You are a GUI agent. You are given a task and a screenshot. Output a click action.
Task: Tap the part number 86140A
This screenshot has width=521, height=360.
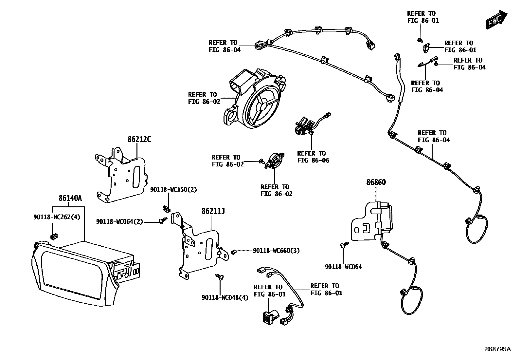coord(70,198)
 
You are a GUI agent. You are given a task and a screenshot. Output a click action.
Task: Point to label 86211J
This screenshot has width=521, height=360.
coord(213,212)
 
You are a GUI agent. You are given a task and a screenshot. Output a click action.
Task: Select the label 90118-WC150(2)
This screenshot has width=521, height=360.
coord(173,190)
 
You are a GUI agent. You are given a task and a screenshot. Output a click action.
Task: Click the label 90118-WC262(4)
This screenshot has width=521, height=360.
coord(57,217)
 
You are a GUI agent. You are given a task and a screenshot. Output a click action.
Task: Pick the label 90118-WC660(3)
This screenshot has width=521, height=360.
coord(276,251)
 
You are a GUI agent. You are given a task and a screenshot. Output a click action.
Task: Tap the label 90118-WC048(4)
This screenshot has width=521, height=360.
coord(225,297)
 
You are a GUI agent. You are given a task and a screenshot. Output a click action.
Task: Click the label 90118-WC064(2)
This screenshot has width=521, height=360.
coord(119,222)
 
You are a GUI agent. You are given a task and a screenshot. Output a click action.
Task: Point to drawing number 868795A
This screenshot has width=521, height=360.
coord(497,349)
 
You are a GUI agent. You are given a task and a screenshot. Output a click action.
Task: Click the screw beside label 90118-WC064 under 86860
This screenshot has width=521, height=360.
coord(344,244)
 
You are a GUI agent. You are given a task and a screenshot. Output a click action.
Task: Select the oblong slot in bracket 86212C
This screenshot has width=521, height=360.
coord(136,177)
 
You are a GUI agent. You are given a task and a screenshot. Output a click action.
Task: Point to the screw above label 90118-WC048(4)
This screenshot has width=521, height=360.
coord(219,277)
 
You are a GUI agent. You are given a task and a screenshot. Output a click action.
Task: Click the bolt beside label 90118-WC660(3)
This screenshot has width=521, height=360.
coord(234,252)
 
